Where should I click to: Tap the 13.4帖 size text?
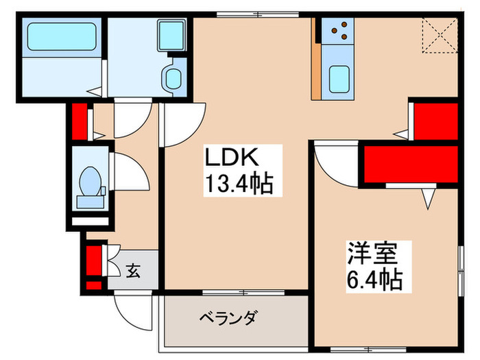click(237, 183)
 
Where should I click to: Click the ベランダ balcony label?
click(228, 318)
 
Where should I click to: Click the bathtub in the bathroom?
click(62, 38)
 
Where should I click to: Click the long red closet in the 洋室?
click(409, 165)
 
